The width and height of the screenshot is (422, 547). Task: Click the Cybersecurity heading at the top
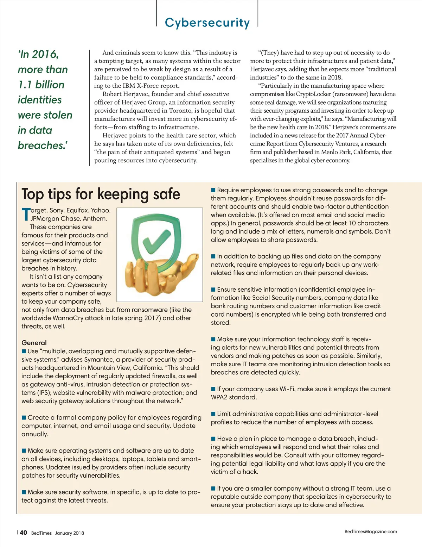(x=207, y=23)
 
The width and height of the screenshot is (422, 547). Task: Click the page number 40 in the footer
(x=23, y=533)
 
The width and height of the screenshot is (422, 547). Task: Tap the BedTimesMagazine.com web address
(x=371, y=532)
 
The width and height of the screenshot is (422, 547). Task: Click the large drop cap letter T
(x=26, y=215)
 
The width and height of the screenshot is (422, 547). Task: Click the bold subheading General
(x=34, y=343)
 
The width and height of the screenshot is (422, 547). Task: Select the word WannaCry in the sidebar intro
(x=67, y=318)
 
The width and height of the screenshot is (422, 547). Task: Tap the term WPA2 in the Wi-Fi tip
(x=219, y=397)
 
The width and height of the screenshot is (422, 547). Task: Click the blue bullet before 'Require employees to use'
(x=213, y=190)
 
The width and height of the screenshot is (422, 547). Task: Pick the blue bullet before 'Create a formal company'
(x=24, y=417)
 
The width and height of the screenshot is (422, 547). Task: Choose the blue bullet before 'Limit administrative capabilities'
(x=213, y=414)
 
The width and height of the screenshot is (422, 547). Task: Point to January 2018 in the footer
(x=69, y=533)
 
